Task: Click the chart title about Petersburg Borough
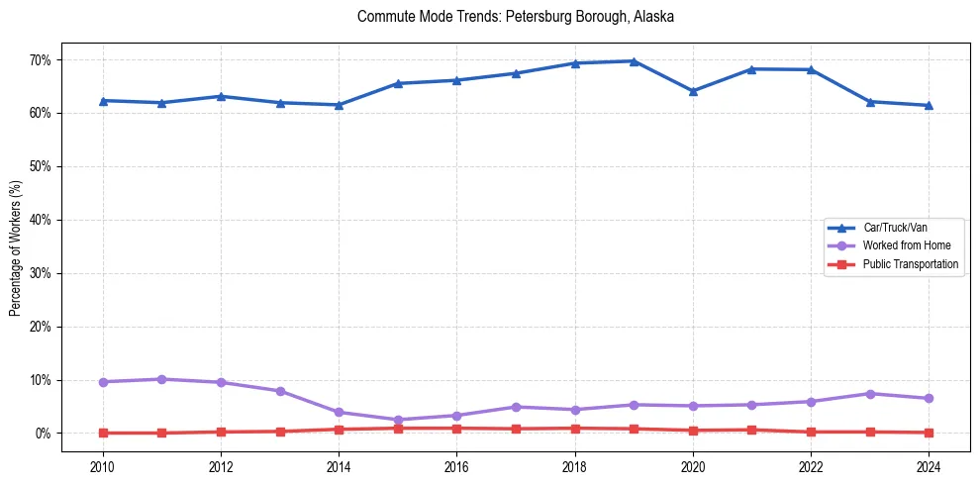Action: pyautogui.click(x=516, y=17)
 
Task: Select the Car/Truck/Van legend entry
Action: pyautogui.click(x=895, y=228)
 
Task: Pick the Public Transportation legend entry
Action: pyautogui.click(x=910, y=264)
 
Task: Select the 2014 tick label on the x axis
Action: pyautogui.click(x=339, y=466)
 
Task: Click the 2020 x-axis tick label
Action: pyautogui.click(x=693, y=466)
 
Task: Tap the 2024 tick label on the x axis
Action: pyautogui.click(x=929, y=466)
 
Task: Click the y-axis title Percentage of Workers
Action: pyautogui.click(x=16, y=246)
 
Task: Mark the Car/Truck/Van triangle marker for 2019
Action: pyautogui.click(x=634, y=61)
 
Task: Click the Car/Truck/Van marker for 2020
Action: pyautogui.click(x=693, y=91)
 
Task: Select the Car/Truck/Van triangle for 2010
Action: pyautogui.click(x=103, y=101)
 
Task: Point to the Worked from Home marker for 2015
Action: pyautogui.click(x=398, y=420)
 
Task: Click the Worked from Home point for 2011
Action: pyautogui.click(x=161, y=379)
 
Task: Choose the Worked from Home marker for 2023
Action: pyautogui.click(x=870, y=394)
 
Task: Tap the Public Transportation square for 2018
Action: pyautogui.click(x=575, y=429)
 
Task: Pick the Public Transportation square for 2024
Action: pyautogui.click(x=929, y=433)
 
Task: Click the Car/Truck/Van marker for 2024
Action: pyautogui.click(x=929, y=105)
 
